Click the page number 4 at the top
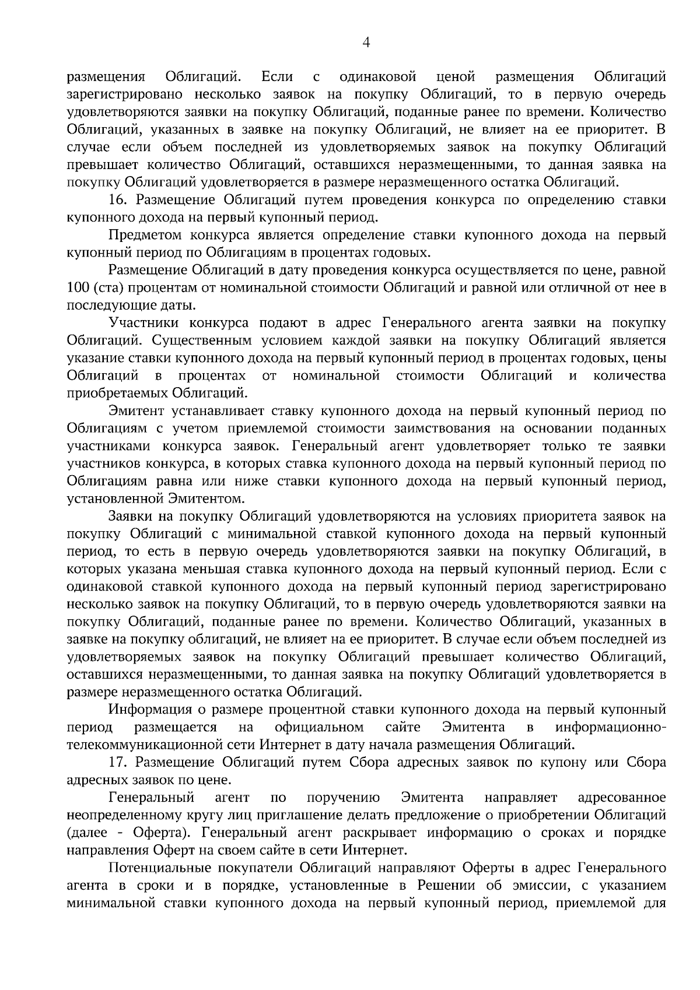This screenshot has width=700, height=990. coord(366,42)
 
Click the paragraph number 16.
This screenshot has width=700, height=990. coord(117,200)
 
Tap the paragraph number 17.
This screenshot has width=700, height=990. coord(117,762)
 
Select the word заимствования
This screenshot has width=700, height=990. coord(446,429)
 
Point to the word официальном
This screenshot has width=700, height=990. coord(320,727)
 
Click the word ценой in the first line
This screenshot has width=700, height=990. coord(456,77)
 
